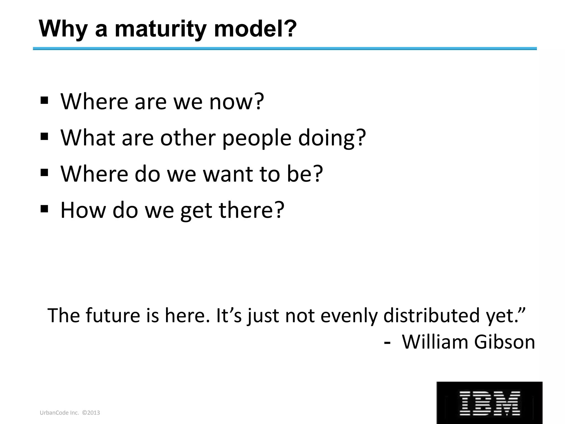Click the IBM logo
point(489,403)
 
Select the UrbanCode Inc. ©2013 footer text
point(70,413)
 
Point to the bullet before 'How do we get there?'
point(44,208)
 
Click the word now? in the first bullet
point(237,102)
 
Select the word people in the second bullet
point(257,138)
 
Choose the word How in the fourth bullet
point(83,210)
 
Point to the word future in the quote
point(113,315)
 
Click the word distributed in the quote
point(431,315)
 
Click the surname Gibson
point(505,342)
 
